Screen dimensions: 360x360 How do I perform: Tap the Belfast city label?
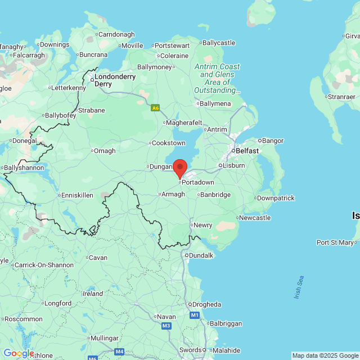click(x=247, y=151)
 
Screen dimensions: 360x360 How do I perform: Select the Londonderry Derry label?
click(x=115, y=80)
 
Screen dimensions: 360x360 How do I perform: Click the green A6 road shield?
click(x=155, y=107)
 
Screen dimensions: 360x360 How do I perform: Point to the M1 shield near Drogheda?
click(x=195, y=315)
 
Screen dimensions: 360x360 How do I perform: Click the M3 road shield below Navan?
click(x=166, y=326)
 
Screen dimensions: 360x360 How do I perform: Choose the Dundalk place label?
click(x=201, y=255)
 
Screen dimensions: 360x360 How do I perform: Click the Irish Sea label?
click(x=299, y=287)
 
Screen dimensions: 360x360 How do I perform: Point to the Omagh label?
click(x=104, y=151)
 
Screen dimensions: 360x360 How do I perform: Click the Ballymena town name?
click(x=215, y=103)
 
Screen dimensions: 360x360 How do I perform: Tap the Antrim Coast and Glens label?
click(x=217, y=78)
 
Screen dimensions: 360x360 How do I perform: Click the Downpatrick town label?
click(x=275, y=198)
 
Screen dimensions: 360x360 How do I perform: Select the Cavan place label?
click(x=97, y=258)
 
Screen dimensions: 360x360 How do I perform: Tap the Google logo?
click(x=18, y=353)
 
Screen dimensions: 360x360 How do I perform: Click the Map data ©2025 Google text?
click(x=325, y=355)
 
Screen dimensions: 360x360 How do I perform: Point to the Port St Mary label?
click(x=336, y=242)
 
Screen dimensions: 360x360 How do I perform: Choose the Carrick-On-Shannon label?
click(x=44, y=264)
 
